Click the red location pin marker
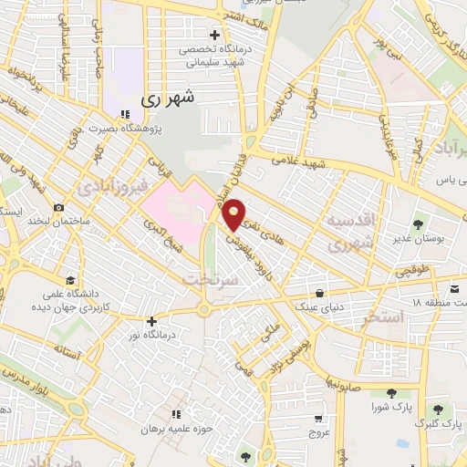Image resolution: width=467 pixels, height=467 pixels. point(235,214)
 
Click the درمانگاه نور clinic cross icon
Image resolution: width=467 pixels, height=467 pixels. point(151,321)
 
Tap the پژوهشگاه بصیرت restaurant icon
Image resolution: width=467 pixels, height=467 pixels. point(124,113)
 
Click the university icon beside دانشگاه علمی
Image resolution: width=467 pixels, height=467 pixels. point(69,281)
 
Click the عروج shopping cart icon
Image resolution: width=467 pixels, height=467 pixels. point(317,418)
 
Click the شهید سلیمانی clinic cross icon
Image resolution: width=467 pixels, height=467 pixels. point(214,34)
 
